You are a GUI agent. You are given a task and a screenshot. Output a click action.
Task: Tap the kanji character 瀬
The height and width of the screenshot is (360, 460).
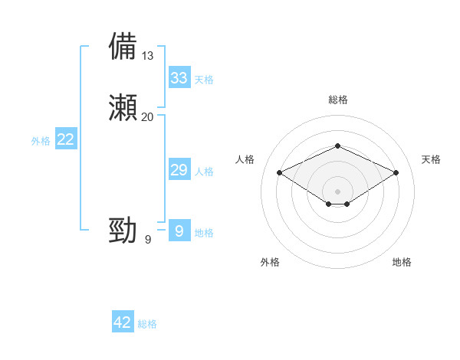coord(123,108)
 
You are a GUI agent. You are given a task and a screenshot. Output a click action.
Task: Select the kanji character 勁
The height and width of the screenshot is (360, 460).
coord(123,230)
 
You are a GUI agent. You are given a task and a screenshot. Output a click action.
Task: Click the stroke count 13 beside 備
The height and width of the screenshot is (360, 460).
coord(148,56)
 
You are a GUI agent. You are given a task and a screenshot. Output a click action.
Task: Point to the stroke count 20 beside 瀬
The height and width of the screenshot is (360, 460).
coord(148,117)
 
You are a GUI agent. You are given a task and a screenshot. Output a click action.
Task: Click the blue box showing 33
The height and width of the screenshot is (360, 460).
coord(179,78)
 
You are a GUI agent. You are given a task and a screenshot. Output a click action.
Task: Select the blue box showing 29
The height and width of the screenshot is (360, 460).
coord(179,170)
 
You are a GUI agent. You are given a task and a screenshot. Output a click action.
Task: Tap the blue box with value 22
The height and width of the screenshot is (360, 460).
coord(66,139)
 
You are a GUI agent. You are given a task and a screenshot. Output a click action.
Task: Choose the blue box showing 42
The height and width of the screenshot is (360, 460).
coord(123,322)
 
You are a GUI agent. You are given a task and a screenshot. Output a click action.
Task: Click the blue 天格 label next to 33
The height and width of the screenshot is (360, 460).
coord(204,80)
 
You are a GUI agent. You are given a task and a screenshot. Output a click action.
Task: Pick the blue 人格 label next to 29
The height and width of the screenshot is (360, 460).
coord(204,172)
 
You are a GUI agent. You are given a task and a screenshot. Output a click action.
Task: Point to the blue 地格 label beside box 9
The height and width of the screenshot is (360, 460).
coord(204,233)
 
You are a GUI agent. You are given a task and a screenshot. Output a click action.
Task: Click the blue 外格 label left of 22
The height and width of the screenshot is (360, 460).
coord(40,141)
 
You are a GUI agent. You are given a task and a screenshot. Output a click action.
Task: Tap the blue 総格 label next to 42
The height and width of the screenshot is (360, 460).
coord(147,324)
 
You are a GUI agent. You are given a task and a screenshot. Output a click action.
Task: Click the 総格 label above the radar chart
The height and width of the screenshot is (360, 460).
coord(337,100)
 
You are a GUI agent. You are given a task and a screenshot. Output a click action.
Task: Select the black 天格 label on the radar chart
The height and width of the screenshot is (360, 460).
coord(432,159)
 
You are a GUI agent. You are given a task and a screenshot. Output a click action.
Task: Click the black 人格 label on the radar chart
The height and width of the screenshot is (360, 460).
coord(245,159)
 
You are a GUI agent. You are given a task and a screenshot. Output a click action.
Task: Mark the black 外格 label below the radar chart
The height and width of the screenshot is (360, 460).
coord(270,262)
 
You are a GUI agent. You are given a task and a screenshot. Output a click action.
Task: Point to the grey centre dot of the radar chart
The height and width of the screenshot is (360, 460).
coord(337,191)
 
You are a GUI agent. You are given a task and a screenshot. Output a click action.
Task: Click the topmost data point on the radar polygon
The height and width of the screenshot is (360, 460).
coord(337,146)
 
